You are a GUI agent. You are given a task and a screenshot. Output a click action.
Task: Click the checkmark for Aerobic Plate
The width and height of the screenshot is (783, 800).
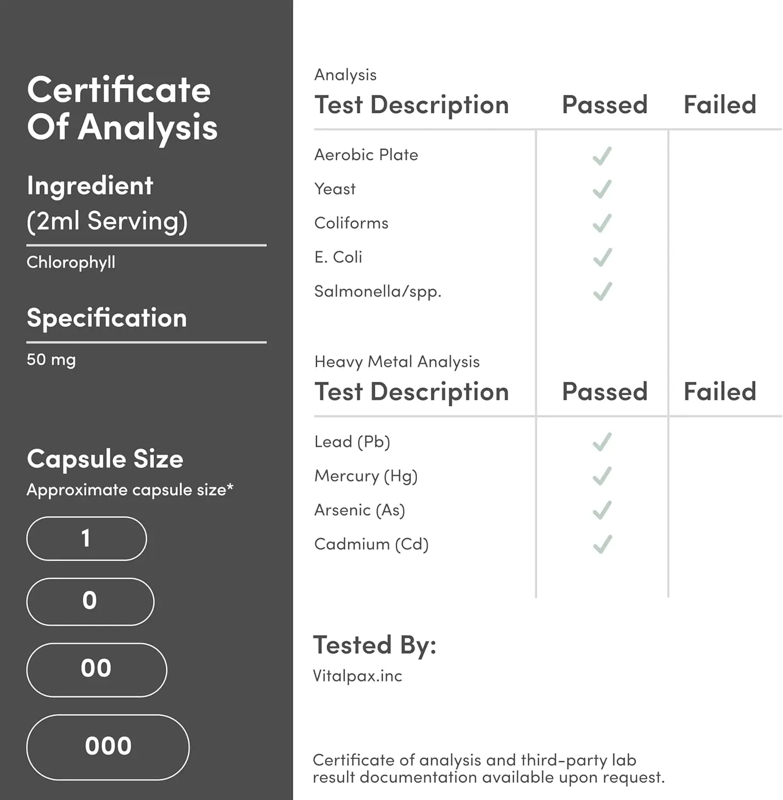[602, 156]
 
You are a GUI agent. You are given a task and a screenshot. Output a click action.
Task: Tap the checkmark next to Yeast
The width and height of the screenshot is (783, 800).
[602, 189]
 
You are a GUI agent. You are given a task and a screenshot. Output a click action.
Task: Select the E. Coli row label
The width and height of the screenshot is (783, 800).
[338, 257]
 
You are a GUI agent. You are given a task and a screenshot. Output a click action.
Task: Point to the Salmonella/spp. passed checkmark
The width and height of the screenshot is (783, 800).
[602, 292]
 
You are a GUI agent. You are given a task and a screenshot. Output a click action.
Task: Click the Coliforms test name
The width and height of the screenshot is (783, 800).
[351, 223]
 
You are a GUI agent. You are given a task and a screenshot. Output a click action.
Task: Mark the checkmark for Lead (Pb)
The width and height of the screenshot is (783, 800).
[602, 442]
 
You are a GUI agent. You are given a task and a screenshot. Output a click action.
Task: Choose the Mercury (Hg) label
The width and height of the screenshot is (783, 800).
[366, 476]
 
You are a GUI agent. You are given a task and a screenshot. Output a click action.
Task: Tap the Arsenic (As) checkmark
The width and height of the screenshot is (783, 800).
[602, 510]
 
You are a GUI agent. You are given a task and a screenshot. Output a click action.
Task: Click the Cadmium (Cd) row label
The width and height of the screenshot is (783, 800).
[371, 544]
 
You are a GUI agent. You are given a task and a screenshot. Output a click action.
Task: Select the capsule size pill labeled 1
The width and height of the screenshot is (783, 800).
[86, 539]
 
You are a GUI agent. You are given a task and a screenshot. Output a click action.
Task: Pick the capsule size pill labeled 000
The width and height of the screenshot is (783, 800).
[108, 747]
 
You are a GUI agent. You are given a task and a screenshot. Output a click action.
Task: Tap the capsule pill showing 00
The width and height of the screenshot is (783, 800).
[97, 669]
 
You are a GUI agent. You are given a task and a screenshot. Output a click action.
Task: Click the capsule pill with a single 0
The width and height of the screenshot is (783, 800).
[90, 601]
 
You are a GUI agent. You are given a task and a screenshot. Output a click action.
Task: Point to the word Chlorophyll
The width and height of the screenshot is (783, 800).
[71, 262]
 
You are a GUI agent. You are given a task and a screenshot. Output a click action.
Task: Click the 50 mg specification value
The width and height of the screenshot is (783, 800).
[51, 359]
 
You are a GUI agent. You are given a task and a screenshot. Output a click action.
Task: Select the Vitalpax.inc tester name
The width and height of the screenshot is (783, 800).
[357, 676]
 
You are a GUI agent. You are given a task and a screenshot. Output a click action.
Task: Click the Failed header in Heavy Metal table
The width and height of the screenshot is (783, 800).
[719, 392]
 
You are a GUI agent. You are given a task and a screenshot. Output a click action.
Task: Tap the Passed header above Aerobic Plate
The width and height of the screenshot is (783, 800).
[604, 105]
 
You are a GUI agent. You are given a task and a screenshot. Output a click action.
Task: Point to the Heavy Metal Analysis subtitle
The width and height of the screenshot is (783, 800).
[397, 362]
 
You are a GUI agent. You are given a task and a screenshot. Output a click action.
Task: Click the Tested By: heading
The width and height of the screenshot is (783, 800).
[374, 645]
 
